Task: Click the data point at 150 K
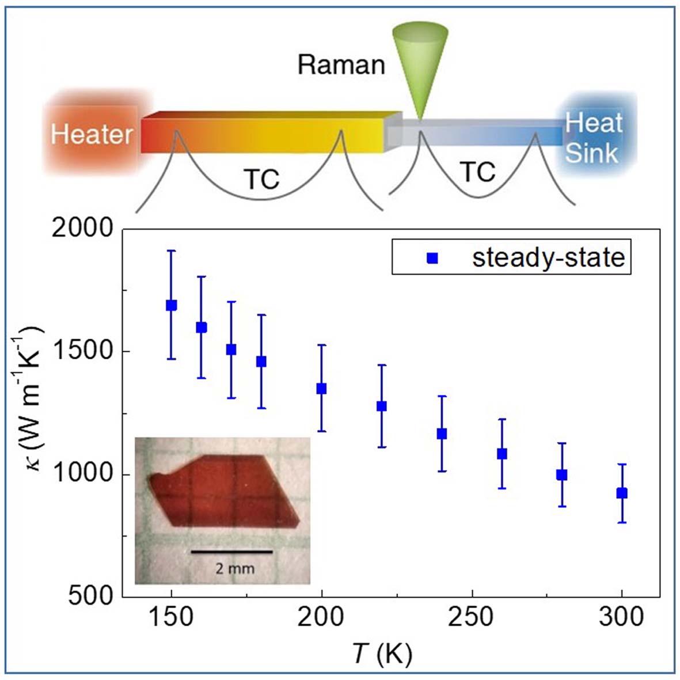171,305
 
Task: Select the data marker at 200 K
321,389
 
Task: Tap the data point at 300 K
622,493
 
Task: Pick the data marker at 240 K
442,434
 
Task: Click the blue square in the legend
432,259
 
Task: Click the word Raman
341,65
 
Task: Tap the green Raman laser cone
419,63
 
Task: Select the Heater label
92,135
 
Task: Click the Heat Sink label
593,138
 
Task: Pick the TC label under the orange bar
262,180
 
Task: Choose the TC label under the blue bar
478,172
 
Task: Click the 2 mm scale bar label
234,569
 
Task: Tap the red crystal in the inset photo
230,489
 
